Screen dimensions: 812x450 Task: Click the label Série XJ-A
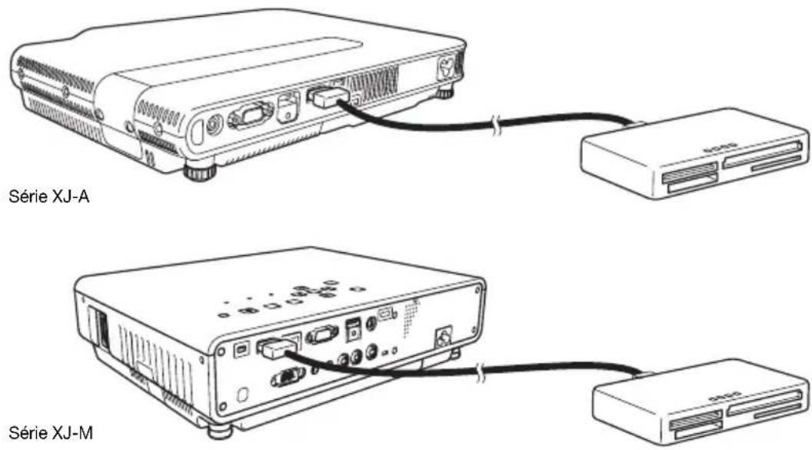(49, 197)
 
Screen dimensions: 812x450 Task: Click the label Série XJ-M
(51, 433)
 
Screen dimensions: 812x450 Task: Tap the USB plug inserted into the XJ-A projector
(328, 97)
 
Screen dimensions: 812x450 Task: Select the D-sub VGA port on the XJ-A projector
(251, 115)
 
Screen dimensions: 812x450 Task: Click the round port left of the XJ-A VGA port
(213, 126)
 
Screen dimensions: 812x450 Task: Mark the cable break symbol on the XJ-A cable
(497, 127)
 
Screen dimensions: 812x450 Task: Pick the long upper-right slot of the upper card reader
(764, 155)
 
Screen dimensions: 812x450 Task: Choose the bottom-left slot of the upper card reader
(693, 184)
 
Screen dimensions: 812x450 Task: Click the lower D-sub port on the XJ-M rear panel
(287, 376)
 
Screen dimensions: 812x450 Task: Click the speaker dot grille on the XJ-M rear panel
(411, 316)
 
